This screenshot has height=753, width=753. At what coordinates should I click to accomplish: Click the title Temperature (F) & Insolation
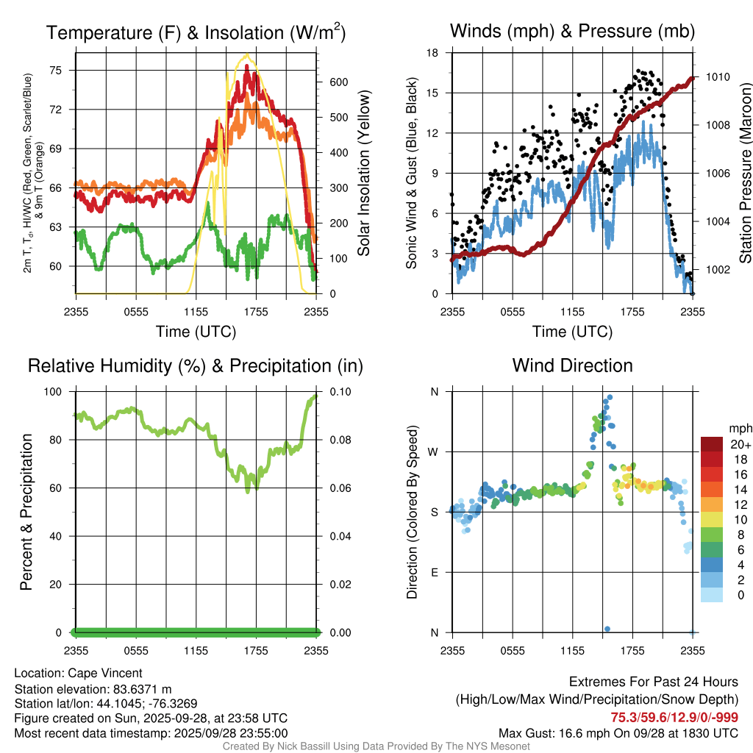click(196, 32)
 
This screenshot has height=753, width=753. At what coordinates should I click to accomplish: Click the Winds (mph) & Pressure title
click(572, 31)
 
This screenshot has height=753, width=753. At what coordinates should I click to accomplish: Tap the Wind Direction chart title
click(572, 365)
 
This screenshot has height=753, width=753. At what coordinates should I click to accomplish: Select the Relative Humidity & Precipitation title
click(196, 365)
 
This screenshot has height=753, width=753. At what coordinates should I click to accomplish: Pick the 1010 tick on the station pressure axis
click(716, 76)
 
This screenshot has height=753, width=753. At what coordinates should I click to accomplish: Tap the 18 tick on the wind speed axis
click(433, 53)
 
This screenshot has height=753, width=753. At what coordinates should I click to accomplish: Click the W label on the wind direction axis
click(434, 452)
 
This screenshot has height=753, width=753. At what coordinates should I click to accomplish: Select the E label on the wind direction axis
click(434, 572)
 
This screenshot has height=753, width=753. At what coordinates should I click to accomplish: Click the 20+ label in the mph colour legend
click(739, 445)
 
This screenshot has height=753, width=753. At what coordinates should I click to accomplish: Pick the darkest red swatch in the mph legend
click(712, 444)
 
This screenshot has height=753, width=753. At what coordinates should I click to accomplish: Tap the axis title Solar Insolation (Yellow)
click(363, 174)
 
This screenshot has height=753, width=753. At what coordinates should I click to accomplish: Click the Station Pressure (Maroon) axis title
click(744, 174)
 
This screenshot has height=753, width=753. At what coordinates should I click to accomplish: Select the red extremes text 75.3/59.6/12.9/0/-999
click(674, 717)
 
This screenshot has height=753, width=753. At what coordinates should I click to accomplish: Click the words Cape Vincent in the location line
click(105, 673)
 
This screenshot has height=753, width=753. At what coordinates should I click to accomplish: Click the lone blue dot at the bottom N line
click(607, 629)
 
